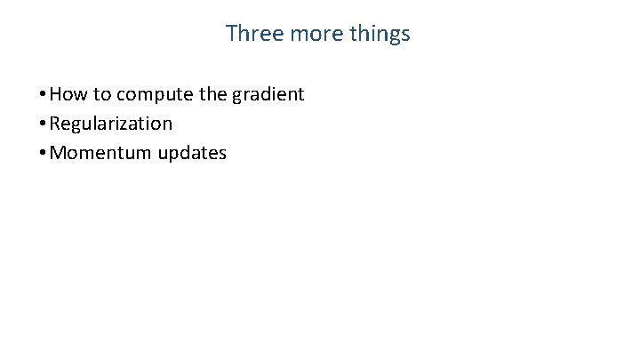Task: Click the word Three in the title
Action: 251,34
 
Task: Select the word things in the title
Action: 380,35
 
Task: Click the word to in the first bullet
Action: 100,94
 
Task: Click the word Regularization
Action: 111,124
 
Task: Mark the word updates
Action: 192,154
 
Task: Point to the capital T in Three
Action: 231,34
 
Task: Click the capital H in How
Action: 57,94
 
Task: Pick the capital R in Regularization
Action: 56,124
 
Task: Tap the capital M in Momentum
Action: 59,153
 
